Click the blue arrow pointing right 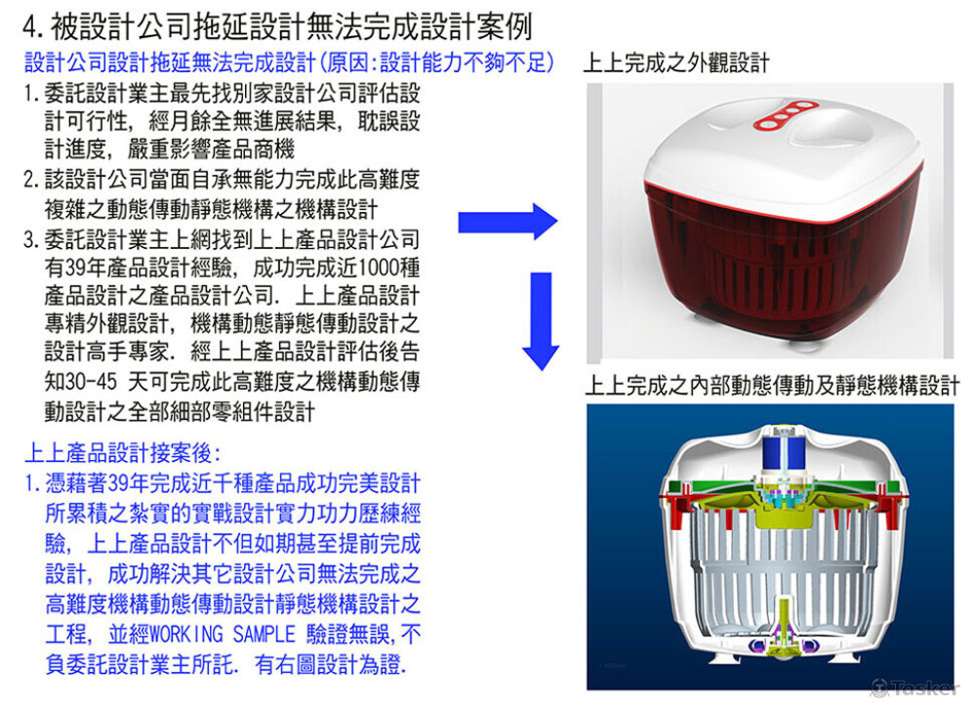[508, 224]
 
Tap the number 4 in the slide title [30, 24]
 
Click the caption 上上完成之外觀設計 [675, 63]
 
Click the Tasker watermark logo [914, 688]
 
